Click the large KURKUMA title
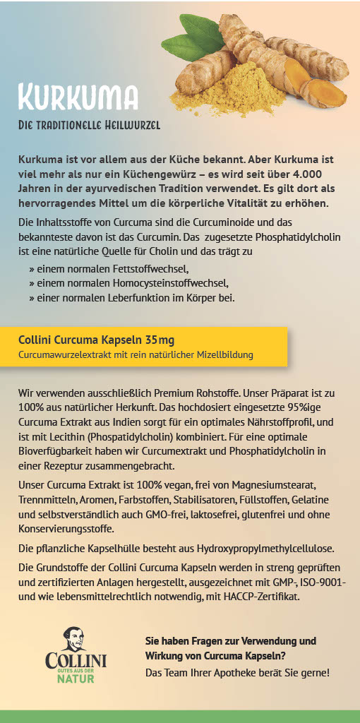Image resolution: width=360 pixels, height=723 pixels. click(x=78, y=97)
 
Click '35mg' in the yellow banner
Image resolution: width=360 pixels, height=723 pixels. click(x=160, y=340)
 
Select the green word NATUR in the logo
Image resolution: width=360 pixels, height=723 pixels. click(x=76, y=679)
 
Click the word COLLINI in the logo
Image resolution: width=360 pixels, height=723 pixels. click(x=76, y=661)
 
